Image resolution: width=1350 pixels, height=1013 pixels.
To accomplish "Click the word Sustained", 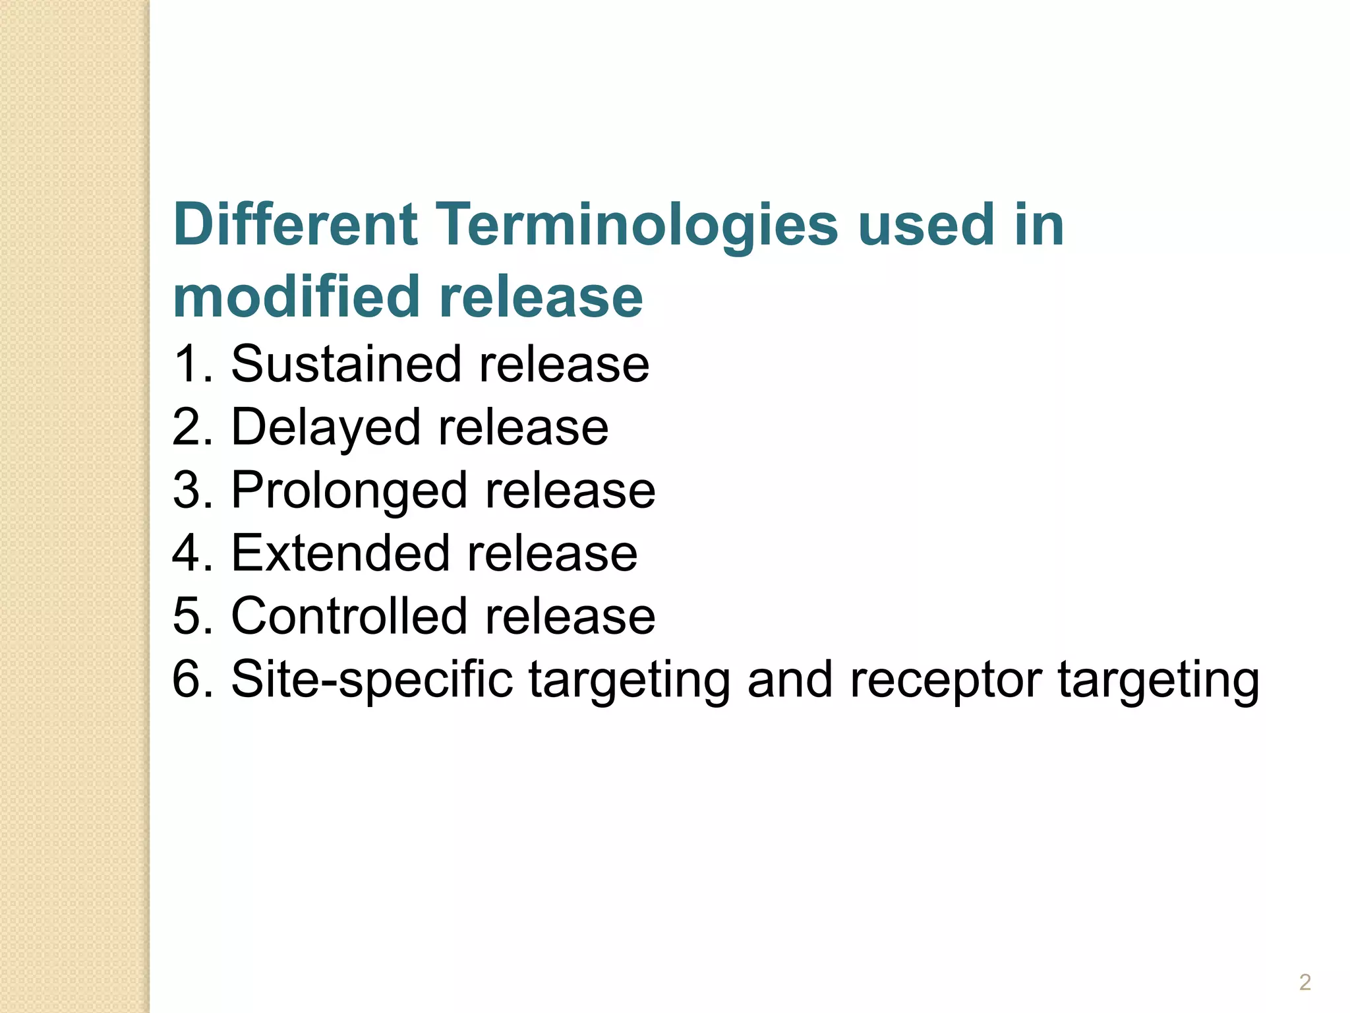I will (345, 364).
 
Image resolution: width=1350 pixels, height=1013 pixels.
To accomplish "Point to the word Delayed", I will (326, 428).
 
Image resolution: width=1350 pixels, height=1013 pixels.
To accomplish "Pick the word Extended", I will (340, 553).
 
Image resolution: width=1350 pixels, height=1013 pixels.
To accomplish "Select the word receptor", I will (946, 680).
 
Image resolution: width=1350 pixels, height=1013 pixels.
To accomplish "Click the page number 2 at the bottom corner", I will (1305, 982).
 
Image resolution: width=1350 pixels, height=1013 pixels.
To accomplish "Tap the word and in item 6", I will (790, 679).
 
